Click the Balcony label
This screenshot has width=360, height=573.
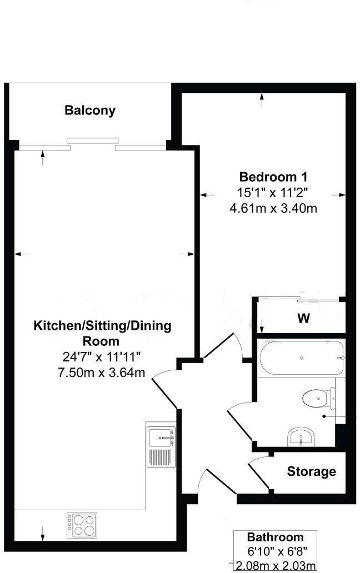pyautogui.click(x=90, y=110)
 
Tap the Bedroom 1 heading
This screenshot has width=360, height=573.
pyautogui.click(x=273, y=177)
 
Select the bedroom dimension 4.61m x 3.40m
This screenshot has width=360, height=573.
pyautogui.click(x=273, y=209)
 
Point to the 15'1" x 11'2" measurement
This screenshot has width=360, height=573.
pyautogui.click(x=273, y=193)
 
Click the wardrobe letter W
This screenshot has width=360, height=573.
pyautogui.click(x=303, y=319)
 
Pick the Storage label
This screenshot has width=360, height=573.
pyautogui.click(x=311, y=471)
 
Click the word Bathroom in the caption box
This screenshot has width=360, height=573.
pyautogui.click(x=276, y=537)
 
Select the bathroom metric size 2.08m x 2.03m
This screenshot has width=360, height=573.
pyautogui.click(x=276, y=566)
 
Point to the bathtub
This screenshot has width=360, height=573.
pyautogui.click(x=301, y=358)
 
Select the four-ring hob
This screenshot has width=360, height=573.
pyautogui.click(x=82, y=524)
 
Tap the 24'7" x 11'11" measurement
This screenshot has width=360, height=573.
pyautogui.click(x=104, y=356)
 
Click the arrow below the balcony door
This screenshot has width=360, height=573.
pyautogui.click(x=43, y=158)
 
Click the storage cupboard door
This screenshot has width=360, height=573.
pyautogui.click(x=258, y=473)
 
